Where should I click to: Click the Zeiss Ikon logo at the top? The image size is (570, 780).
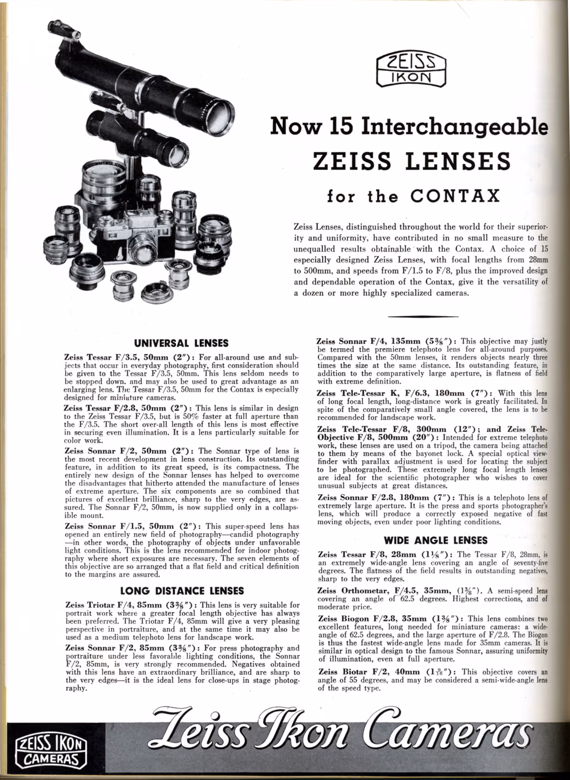pyautogui.click(x=411, y=69)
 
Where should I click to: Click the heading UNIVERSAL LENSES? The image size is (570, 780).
pyautogui.click(x=181, y=343)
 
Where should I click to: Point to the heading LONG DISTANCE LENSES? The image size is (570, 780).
pyautogui.click(x=182, y=591)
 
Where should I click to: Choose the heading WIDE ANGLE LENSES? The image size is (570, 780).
pyautogui.click(x=435, y=540)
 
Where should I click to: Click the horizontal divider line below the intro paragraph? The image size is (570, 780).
pyautogui.click(x=423, y=316)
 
